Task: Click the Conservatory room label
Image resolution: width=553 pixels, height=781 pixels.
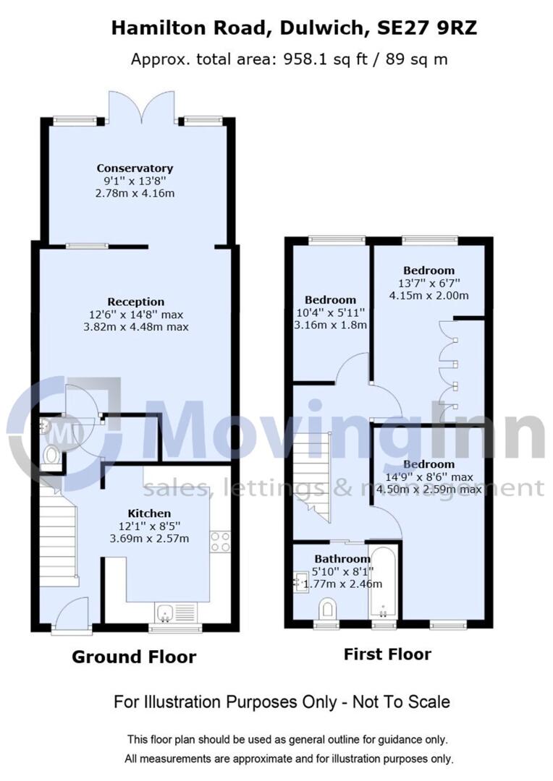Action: click(x=135, y=168)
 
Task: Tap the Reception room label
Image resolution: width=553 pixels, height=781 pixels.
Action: click(x=135, y=302)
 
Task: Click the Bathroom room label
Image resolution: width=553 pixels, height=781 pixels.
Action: click(x=342, y=559)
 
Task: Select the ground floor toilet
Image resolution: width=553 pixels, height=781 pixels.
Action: click(x=51, y=455)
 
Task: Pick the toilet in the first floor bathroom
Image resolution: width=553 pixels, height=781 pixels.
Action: click(x=327, y=608)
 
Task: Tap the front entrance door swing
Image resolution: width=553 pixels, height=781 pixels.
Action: click(x=74, y=613)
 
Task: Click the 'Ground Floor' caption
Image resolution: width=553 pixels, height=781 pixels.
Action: click(x=134, y=657)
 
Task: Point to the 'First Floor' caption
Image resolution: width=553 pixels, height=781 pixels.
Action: click(x=387, y=654)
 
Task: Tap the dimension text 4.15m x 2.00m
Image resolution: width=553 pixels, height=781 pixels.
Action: click(x=429, y=295)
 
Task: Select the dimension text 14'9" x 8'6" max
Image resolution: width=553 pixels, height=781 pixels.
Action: click(x=429, y=477)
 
